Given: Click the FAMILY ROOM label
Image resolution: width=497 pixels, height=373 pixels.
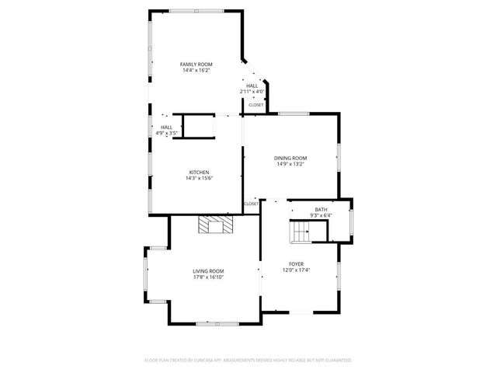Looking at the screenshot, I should coord(196,64).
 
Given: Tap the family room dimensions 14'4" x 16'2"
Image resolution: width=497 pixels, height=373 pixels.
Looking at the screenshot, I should coord(196,70).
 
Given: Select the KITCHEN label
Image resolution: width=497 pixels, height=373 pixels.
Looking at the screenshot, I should coord(199,172).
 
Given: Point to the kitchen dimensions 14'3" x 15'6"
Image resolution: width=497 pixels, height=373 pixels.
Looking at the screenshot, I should coord(199,178).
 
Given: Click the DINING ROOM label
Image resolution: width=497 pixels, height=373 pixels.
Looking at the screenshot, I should coord(290,158).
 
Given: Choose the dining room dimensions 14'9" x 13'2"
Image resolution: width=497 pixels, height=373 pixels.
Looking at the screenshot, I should coord(290,164).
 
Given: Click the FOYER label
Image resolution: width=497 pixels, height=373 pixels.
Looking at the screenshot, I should coord(297,264).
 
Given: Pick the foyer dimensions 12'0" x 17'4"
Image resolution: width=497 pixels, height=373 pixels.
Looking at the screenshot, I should coord(297,270).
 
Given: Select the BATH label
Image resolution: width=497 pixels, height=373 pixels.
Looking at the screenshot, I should coord(321,209).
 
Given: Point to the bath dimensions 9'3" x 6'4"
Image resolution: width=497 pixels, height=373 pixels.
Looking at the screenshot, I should coord(321,214).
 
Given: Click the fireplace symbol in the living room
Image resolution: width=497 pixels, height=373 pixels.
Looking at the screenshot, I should coord(214,225).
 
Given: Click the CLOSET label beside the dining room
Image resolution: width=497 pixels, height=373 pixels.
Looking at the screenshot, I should coord(251,204).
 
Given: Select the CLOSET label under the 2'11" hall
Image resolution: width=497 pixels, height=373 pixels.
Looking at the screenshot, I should coord(255,105).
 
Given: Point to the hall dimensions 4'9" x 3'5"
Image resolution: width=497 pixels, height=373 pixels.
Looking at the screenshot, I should coord(167,133).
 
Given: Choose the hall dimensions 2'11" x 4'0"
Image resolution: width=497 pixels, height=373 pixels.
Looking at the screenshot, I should coord(252,92).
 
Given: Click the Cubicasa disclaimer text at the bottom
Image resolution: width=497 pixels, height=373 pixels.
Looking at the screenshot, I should coord(248,361).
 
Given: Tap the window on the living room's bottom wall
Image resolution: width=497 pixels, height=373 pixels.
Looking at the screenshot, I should coord(213,322).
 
